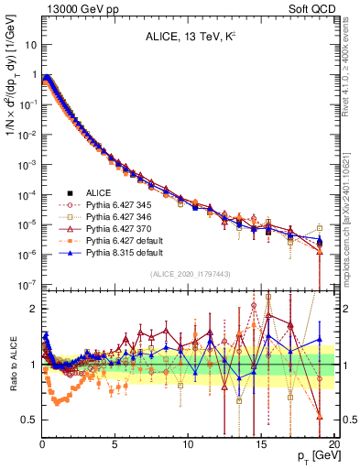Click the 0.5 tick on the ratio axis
[x=28, y=420]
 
